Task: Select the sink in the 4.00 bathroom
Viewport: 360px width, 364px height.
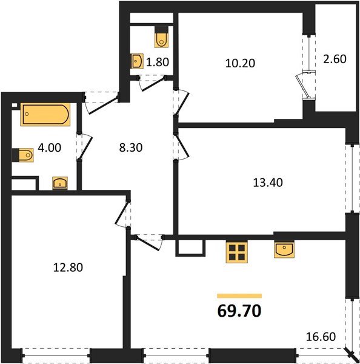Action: pyautogui.click(x=60, y=184)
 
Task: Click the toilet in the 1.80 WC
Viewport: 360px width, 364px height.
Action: pyautogui.click(x=162, y=38)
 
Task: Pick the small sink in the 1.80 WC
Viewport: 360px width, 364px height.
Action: pyautogui.click(x=138, y=61)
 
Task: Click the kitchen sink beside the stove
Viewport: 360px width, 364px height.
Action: pyautogui.click(x=284, y=250)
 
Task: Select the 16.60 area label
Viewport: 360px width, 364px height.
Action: pyautogui.click(x=321, y=336)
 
